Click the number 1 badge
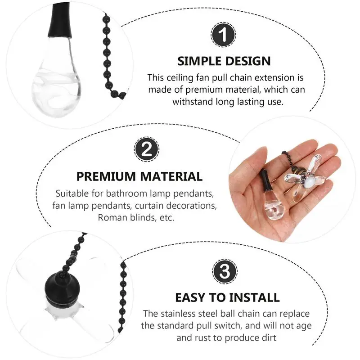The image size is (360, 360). (223, 35)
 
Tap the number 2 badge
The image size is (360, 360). (147, 149)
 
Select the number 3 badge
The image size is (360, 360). (225, 271)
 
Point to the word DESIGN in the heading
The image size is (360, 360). (248, 61)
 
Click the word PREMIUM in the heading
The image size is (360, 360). (106, 176)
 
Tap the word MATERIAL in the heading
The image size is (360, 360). (171, 176)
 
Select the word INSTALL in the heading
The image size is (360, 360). (254, 297)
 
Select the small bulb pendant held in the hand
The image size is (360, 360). (272, 197)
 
